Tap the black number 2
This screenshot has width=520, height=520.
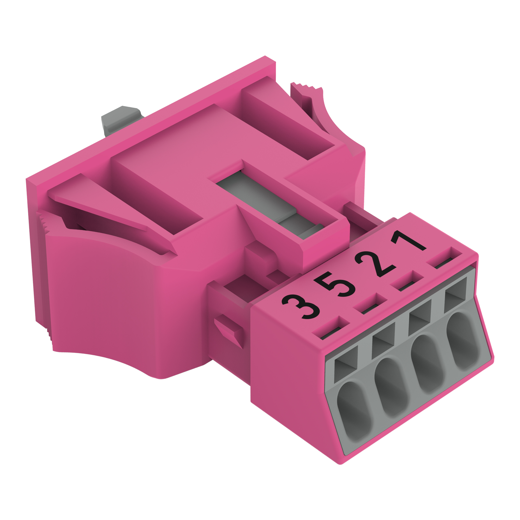pos(375,264)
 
